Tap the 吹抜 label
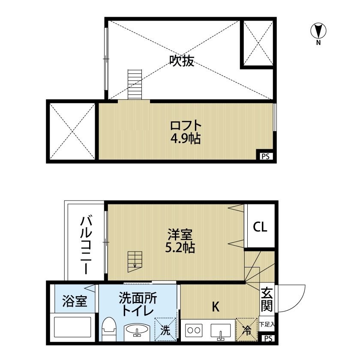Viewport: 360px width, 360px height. tap(182, 61)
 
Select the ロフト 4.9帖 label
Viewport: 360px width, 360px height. tap(186, 132)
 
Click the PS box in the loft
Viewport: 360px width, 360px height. tap(265, 156)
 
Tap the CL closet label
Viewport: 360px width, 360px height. tap(260, 227)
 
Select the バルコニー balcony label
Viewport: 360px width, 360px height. tap(86, 244)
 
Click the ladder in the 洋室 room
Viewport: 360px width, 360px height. tap(135, 261)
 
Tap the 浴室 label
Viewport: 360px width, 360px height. tap(75, 301)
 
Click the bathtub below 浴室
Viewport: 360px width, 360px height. tap(72, 327)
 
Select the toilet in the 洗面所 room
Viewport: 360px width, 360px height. tap(109, 329)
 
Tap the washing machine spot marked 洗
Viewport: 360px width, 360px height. tap(165, 329)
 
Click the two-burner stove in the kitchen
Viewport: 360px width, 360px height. tap(194, 330)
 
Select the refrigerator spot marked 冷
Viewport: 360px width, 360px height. tap(247, 329)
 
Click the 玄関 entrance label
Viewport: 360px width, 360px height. tap(267, 299)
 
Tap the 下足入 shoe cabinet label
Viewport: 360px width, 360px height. tap(267, 324)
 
